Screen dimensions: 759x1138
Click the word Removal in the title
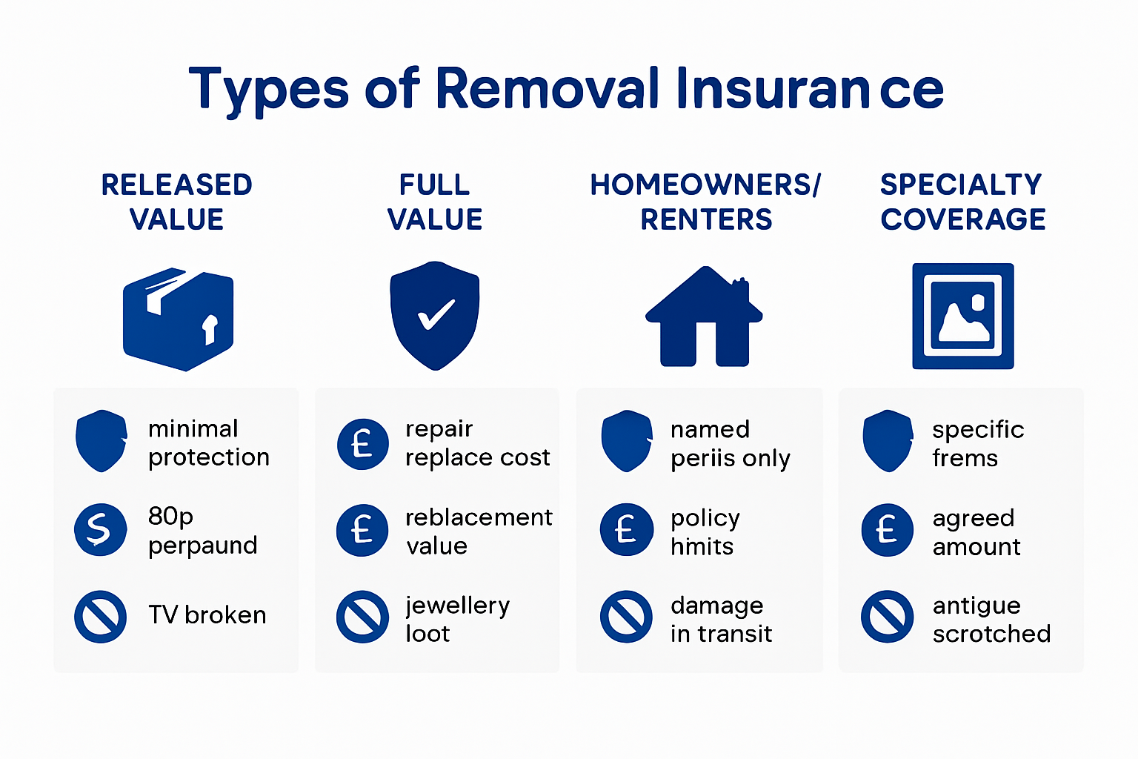(x=547, y=90)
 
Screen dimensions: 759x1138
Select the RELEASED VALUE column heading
(x=176, y=202)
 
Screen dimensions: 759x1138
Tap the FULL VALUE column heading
(x=435, y=202)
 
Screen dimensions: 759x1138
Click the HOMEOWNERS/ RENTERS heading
(x=705, y=202)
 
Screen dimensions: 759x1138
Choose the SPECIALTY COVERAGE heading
(x=962, y=202)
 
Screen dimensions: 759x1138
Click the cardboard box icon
(x=178, y=319)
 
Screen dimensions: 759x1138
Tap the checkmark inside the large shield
(x=436, y=314)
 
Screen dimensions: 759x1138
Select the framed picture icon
(x=962, y=316)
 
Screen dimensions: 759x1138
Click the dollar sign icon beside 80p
(x=100, y=529)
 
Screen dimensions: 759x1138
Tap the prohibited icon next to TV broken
(x=100, y=616)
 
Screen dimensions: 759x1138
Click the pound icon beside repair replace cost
(x=362, y=444)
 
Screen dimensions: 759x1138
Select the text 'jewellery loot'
(x=457, y=619)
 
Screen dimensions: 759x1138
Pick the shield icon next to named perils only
(x=627, y=441)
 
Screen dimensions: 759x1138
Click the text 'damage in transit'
(x=721, y=619)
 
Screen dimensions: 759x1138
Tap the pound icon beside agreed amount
(x=887, y=530)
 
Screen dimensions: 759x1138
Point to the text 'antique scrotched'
(x=991, y=619)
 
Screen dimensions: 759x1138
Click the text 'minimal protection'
(x=208, y=443)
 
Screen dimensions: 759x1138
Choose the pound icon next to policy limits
(x=626, y=530)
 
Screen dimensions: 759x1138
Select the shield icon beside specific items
(x=887, y=441)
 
